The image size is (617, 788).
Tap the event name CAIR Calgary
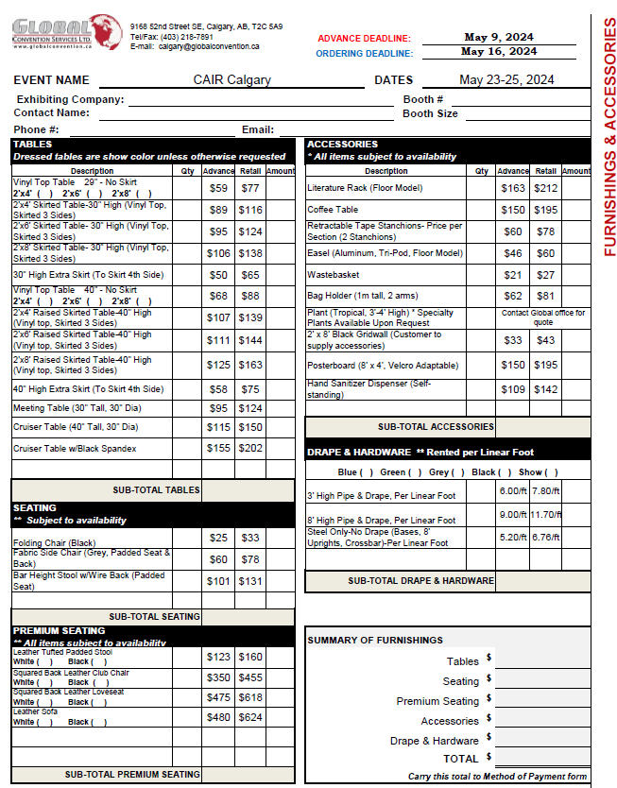click(231, 80)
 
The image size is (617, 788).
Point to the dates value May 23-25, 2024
click(506, 80)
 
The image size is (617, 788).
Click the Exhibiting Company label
click(70, 99)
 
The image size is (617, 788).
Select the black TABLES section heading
click(33, 145)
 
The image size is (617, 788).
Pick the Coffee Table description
click(333, 210)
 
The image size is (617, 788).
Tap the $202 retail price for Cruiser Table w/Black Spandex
click(250, 449)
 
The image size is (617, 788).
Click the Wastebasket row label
click(330, 275)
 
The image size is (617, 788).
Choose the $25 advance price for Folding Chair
click(218, 538)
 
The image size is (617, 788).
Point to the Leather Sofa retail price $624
click(250, 717)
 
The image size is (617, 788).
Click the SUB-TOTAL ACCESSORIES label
click(436, 427)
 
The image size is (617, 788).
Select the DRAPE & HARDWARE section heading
click(359, 452)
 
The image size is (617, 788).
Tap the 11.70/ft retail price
click(545, 515)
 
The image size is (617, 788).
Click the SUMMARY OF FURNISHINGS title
click(375, 641)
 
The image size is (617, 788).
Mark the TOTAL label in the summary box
click(460, 759)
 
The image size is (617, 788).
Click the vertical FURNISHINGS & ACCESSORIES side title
click(608, 137)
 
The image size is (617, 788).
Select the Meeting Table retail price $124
click(250, 408)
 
